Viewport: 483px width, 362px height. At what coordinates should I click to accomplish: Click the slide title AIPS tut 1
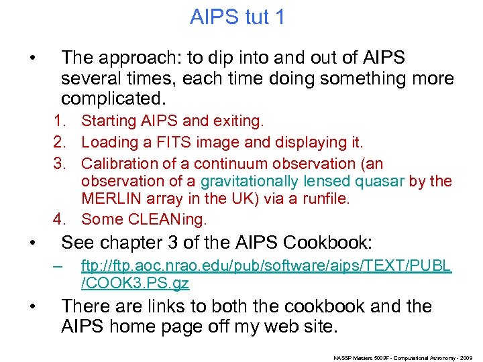tap(237, 17)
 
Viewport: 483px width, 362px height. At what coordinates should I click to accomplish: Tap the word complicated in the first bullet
tap(111, 99)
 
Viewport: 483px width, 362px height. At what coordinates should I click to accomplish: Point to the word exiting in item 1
tap(240, 121)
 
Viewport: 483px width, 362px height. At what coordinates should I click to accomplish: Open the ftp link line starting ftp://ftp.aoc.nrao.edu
tap(266, 267)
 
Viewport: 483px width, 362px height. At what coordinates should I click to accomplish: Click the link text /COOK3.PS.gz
tap(135, 284)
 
